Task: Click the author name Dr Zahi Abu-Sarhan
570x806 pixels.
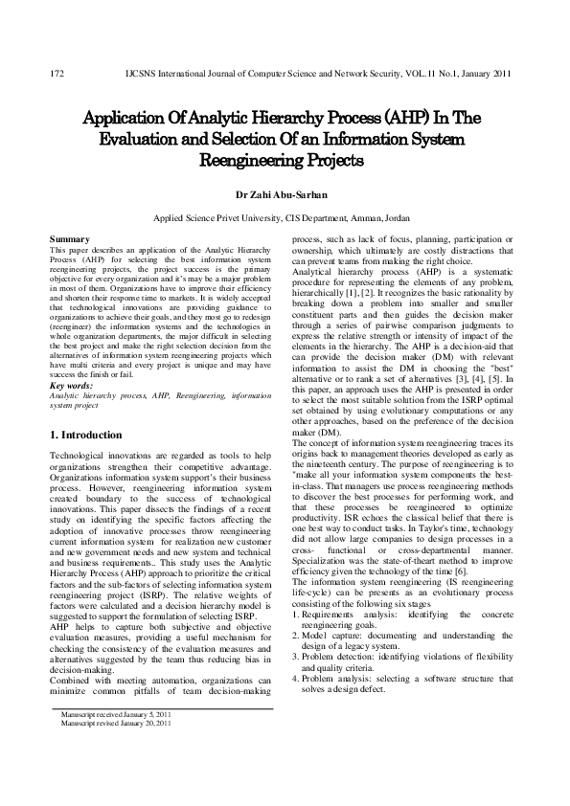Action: (x=285, y=194)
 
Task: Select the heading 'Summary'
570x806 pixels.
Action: (x=70, y=238)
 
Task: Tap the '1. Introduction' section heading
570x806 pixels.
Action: (x=85, y=435)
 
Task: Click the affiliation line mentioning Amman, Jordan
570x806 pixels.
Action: (x=285, y=217)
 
